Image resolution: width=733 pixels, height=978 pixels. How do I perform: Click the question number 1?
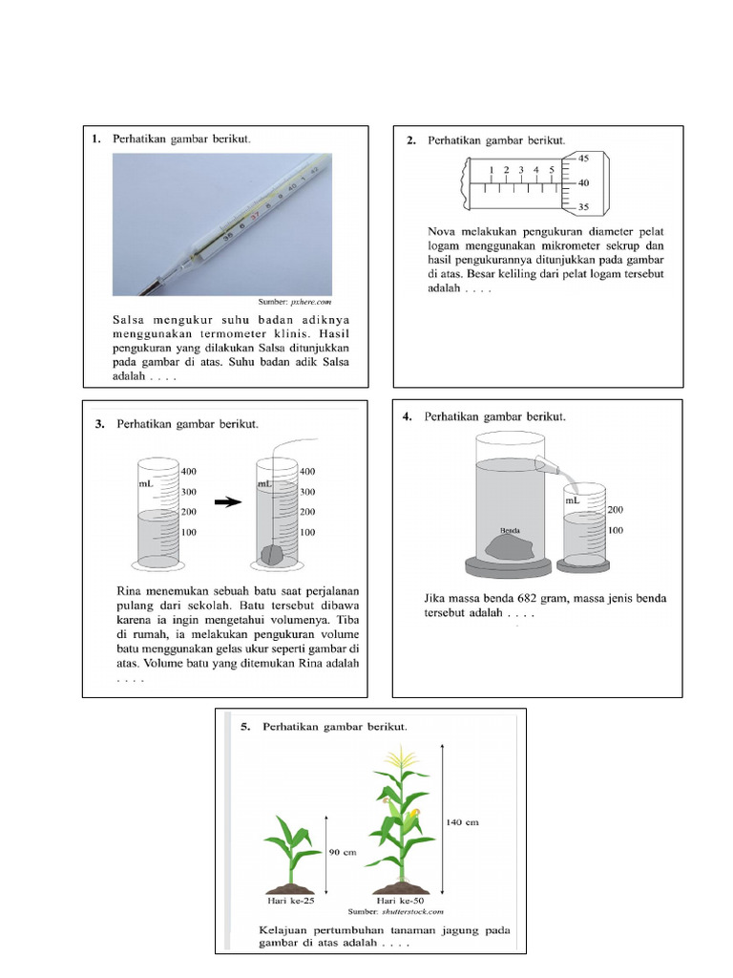96,139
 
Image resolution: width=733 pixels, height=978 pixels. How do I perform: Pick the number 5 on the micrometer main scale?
553,171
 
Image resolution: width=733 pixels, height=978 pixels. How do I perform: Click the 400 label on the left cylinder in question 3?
189,472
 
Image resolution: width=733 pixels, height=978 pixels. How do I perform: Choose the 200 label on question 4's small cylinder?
616,510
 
